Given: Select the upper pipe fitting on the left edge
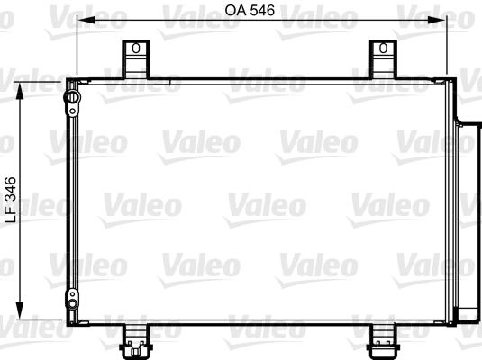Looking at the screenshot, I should click(70, 98).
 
